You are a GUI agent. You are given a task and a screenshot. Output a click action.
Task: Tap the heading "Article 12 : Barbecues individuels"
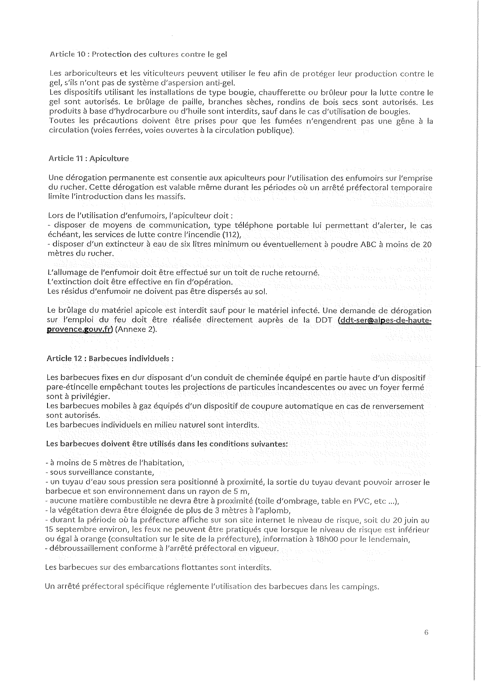(109, 358)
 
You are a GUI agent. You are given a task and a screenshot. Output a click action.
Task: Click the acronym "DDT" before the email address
(324, 320)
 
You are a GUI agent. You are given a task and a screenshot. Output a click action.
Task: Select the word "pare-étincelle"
(70, 388)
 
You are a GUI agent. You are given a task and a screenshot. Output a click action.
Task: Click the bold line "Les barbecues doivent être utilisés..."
(167, 444)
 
